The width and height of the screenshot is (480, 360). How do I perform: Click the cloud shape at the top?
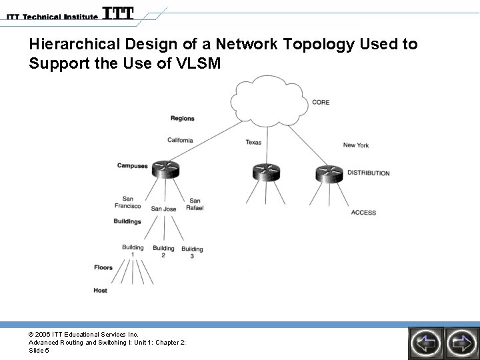pyautogui.click(x=267, y=102)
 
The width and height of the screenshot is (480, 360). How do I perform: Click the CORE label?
pyautogui.click(x=321, y=102)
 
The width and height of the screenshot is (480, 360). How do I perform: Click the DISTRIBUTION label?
pyautogui.click(x=368, y=173)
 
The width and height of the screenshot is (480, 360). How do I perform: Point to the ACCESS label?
pyautogui.click(x=363, y=213)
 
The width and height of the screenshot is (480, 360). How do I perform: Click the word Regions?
pyautogui.click(x=182, y=119)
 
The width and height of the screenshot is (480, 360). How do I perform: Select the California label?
pyautogui.click(x=180, y=141)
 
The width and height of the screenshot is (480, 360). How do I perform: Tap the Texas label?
pyautogui.click(x=253, y=142)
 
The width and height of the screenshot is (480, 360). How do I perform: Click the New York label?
pyautogui.click(x=355, y=145)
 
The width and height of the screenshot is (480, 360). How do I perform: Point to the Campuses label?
pyautogui.click(x=132, y=166)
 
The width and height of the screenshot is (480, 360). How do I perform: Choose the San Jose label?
pyautogui.click(x=163, y=209)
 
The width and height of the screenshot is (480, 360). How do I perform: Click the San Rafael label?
pyautogui.click(x=195, y=204)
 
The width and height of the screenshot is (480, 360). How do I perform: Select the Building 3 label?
pyautogui.click(x=192, y=253)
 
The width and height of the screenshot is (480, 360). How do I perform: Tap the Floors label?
pyautogui.click(x=103, y=268)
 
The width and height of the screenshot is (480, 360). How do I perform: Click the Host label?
pyautogui.click(x=100, y=291)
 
